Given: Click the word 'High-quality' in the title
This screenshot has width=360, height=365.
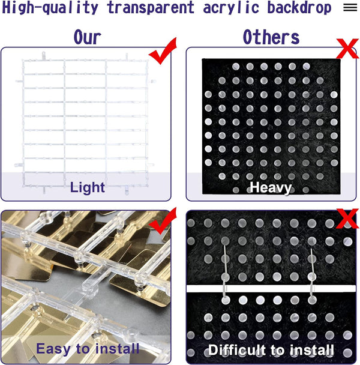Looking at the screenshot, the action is point(50,7).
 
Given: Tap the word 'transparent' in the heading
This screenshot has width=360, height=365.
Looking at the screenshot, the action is point(151,7).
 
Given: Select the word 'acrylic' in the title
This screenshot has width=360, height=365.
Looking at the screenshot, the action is point(231,7).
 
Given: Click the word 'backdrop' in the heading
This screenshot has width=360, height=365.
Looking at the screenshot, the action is point(299,7).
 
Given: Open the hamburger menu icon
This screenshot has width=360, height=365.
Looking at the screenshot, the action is point(350,8).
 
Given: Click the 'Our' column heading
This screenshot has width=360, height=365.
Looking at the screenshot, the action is point(87,37).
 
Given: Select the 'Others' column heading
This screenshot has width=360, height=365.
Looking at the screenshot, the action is point(271,37).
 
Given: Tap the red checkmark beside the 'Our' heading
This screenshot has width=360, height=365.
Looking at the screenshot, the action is point(163,51).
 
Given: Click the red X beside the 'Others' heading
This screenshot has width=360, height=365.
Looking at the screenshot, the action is point(347,49).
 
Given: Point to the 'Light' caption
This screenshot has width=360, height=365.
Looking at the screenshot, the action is point(88,187).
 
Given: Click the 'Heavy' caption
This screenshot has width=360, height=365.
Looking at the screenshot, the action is point(271,188).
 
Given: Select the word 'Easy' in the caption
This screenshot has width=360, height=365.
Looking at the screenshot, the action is point(53,349).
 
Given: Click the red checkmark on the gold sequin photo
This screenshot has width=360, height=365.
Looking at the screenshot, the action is point(163,221).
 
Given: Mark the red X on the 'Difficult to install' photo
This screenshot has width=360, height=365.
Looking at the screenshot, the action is point(347,219).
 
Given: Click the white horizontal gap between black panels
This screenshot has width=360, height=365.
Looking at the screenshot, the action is point(271,289).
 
